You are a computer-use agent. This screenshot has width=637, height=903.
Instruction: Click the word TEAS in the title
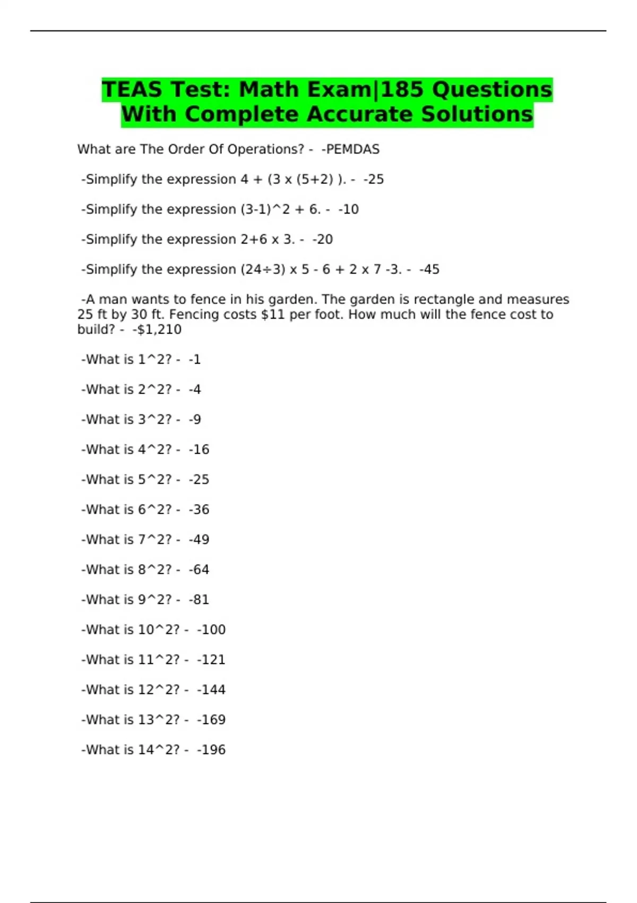tap(132, 89)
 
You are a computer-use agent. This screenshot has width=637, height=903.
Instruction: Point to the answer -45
tap(430, 269)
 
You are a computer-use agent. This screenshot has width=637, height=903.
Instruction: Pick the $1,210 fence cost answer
tap(158, 329)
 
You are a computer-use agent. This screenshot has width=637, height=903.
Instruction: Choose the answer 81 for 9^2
tap(200, 600)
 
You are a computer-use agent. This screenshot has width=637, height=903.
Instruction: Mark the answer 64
tap(200, 569)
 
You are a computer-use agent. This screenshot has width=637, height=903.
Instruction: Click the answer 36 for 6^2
tap(200, 509)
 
